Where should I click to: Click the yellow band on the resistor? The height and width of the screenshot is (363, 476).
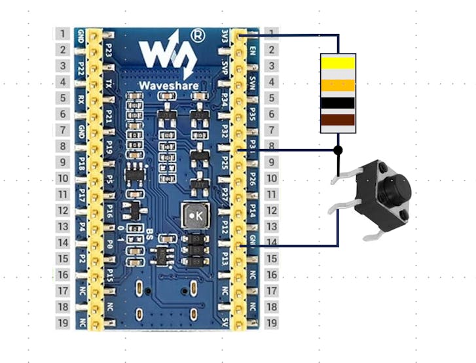pos(338,62)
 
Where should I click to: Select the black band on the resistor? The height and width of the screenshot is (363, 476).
pos(338,102)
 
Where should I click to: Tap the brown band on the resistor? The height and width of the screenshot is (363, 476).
pos(338,120)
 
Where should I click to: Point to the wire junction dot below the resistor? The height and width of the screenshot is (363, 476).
pos(338,150)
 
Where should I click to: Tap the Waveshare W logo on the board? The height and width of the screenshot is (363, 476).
pos(166,56)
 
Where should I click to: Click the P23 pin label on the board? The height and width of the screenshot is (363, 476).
pos(109,50)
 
